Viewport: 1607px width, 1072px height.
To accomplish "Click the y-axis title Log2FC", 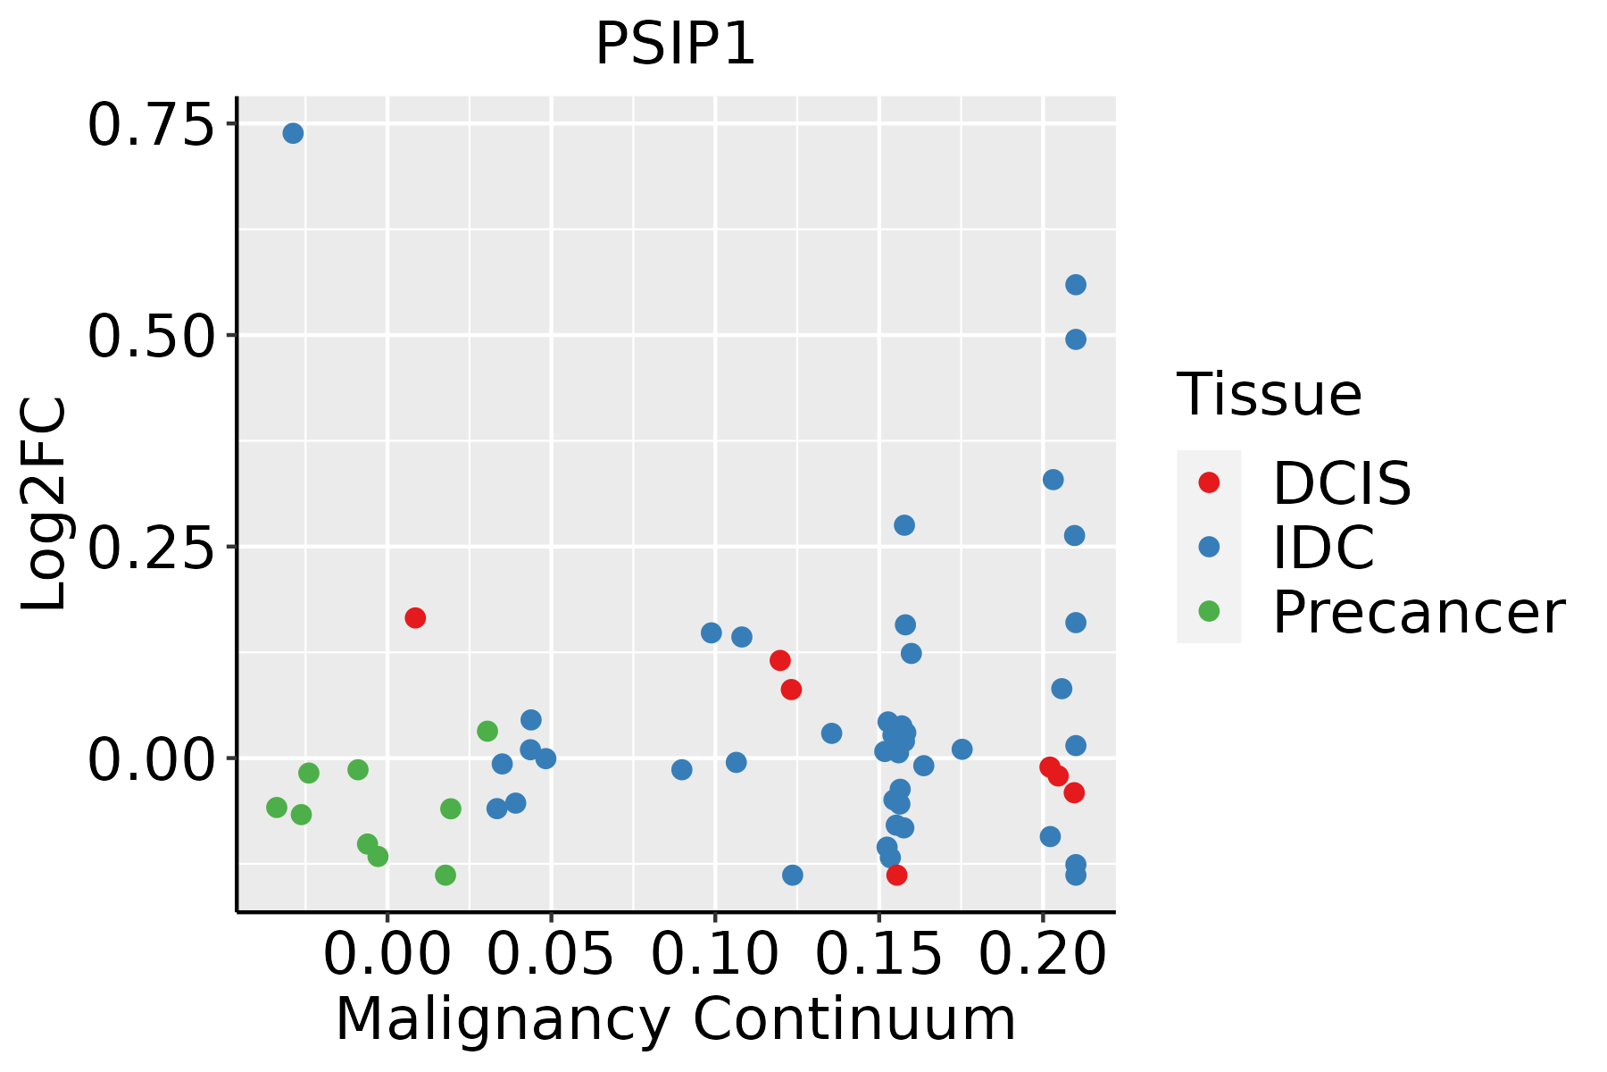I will (45, 504).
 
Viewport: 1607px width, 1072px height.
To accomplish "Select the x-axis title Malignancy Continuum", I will (675, 1018).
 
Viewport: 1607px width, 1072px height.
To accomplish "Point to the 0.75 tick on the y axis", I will (152, 125).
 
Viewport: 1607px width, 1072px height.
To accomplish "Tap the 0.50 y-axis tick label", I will (152, 337).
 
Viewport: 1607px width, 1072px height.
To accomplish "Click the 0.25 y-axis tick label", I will (152, 548).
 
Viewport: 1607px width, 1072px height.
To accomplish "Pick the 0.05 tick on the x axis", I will (551, 954).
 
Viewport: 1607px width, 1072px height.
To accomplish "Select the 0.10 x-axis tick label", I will (715, 954).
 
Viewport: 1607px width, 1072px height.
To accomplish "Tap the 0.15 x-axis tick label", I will (879, 954).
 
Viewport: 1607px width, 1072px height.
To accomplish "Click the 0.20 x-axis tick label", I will (1043, 954).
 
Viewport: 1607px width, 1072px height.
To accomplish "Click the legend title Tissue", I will (1269, 394).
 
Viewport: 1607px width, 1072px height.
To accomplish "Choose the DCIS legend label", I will (1341, 483).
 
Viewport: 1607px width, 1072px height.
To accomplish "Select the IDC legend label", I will (1323, 548).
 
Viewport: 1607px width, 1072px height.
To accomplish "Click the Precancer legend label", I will (1418, 612).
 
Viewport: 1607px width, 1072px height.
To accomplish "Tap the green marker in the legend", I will (1209, 611).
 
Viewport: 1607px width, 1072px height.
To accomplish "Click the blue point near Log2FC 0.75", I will (293, 133).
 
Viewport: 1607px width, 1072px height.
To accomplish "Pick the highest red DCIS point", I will (415, 617).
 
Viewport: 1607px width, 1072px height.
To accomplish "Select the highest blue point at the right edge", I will (1076, 285).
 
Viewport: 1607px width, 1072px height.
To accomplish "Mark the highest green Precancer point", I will (487, 732).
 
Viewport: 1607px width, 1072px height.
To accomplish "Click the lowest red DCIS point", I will (897, 875).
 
